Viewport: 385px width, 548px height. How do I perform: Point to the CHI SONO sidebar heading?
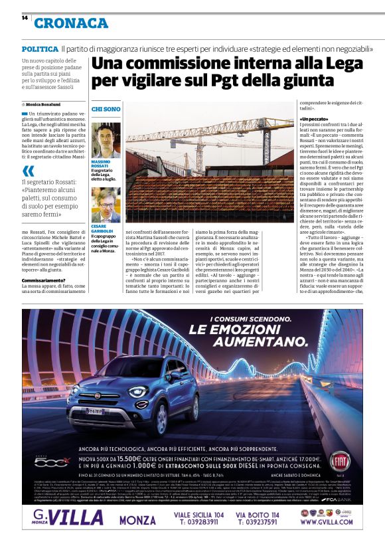click(x=106, y=108)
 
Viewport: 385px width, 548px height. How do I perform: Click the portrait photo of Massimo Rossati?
click(x=106, y=139)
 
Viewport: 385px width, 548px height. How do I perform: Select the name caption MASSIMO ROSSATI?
click(x=104, y=164)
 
